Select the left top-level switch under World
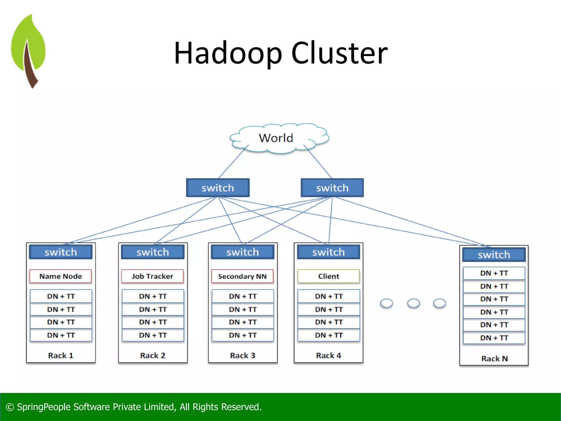[x=218, y=188]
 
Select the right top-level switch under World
[x=332, y=188]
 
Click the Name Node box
[x=61, y=276]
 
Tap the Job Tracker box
[x=153, y=276]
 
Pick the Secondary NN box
[x=242, y=276]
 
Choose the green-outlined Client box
[x=328, y=276]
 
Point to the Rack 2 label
[x=153, y=355]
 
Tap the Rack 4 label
[x=328, y=355]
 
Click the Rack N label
[x=494, y=359]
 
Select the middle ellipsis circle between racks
[x=413, y=303]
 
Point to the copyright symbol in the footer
[x=10, y=407]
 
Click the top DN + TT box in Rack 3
[x=243, y=296]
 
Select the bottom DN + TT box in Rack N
[x=494, y=338]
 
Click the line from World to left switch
[x=233, y=162]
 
